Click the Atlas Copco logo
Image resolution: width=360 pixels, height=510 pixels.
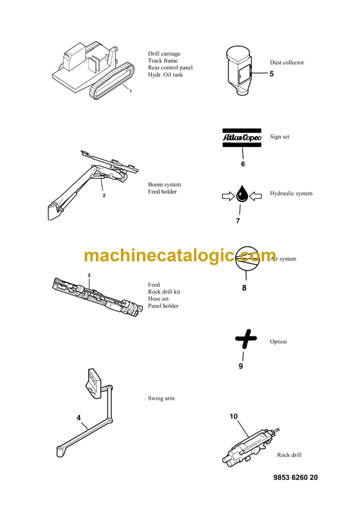click(x=242, y=137)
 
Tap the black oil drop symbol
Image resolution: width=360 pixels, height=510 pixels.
click(x=242, y=194)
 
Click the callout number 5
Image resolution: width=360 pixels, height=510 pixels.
click(x=271, y=74)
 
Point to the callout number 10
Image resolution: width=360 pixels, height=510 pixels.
click(x=234, y=416)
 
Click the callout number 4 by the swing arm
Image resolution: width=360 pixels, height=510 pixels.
click(x=79, y=417)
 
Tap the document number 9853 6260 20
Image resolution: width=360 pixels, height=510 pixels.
click(x=295, y=478)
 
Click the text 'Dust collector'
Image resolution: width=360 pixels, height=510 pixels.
click(x=287, y=62)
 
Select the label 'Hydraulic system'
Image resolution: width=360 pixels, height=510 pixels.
click(x=291, y=193)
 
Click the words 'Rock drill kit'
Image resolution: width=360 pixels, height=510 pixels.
click(x=164, y=292)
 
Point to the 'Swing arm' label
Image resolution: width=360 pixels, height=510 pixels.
click(x=161, y=398)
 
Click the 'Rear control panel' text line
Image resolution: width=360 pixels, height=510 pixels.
click(x=170, y=68)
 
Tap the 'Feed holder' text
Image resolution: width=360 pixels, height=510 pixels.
click(x=163, y=192)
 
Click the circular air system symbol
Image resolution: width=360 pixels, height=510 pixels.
click(x=246, y=259)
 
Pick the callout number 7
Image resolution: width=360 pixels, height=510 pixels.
click(x=238, y=221)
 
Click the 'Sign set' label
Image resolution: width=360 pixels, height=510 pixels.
click(x=279, y=137)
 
